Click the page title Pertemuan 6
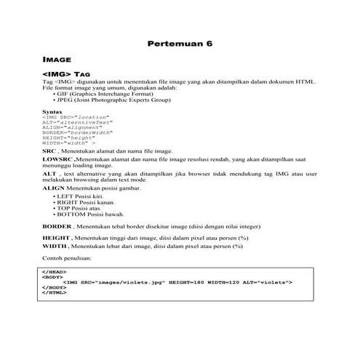pos(180,44)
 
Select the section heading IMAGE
pos(58,61)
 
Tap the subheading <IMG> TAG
pos(66,74)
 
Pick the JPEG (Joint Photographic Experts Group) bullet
pos(113,100)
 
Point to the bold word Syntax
pos(52,111)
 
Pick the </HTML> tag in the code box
pos(55,292)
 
